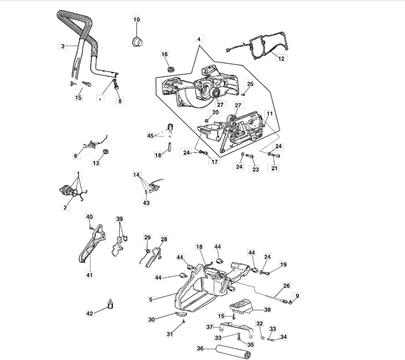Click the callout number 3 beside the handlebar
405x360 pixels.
[62, 46]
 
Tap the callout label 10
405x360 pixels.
[136, 20]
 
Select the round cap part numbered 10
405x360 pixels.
[137, 41]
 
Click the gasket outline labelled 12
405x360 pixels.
[259, 46]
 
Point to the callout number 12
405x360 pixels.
[282, 58]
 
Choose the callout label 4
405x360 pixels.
[198, 37]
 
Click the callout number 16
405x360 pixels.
[165, 54]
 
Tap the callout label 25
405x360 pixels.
[250, 84]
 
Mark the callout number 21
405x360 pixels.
[275, 168]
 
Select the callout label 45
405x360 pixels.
[151, 136]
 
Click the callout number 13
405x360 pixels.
[96, 163]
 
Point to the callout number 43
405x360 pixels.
[146, 203]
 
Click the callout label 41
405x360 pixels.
[89, 275]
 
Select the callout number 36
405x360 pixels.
[200, 349]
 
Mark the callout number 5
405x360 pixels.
[151, 299]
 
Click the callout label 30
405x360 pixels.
[151, 320]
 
